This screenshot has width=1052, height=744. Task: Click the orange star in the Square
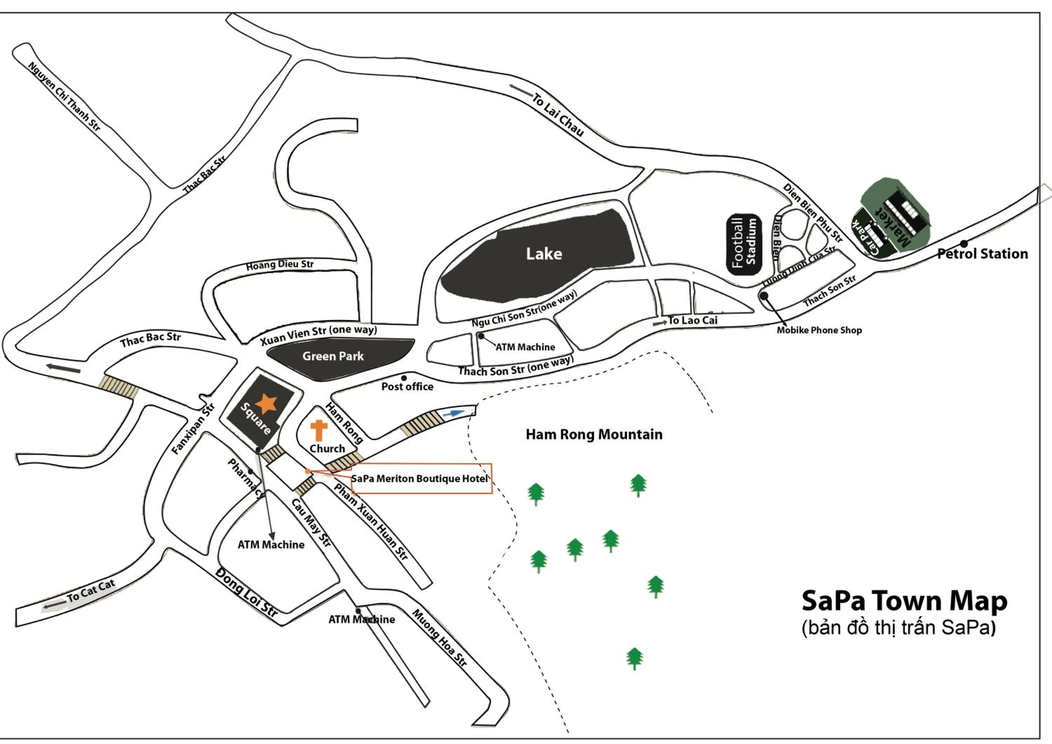266,403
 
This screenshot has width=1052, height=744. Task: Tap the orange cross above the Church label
319,430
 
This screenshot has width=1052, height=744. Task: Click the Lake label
544,253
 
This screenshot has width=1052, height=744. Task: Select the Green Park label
333,356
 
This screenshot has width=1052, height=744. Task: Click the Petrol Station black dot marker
964,244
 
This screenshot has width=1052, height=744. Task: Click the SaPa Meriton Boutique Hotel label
419,479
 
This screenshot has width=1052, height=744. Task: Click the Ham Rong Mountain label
594,434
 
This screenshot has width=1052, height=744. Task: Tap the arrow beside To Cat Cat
54,606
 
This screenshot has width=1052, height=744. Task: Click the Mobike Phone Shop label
819,330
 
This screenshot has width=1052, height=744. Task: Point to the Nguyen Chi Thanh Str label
64,96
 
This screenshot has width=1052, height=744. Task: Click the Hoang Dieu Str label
279,265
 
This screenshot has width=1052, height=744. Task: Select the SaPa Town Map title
904,601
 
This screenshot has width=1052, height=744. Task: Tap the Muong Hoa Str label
439,638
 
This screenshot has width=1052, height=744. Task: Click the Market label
893,227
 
